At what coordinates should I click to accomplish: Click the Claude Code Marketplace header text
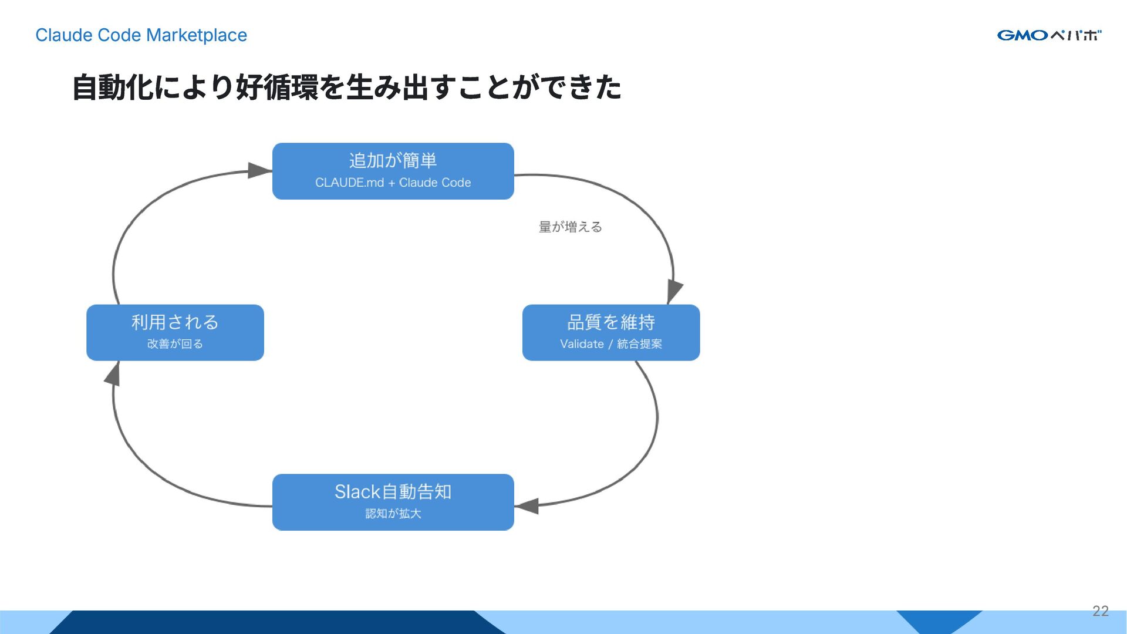141,35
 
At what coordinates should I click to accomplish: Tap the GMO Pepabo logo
1049,35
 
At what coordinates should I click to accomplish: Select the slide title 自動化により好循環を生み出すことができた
346,87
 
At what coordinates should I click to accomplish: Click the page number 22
1101,611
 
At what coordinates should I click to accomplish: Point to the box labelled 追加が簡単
393,160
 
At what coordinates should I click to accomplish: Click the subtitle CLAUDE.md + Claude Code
393,183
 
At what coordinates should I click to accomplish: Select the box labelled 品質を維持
610,322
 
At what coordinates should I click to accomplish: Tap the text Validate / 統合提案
610,344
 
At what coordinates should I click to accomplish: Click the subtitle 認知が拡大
393,514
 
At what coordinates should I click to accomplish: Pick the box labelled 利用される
175,322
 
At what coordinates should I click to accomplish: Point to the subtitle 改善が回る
175,344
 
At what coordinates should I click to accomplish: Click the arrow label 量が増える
571,227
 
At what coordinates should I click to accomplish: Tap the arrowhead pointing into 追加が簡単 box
259,170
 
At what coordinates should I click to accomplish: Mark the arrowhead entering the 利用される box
113,374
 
